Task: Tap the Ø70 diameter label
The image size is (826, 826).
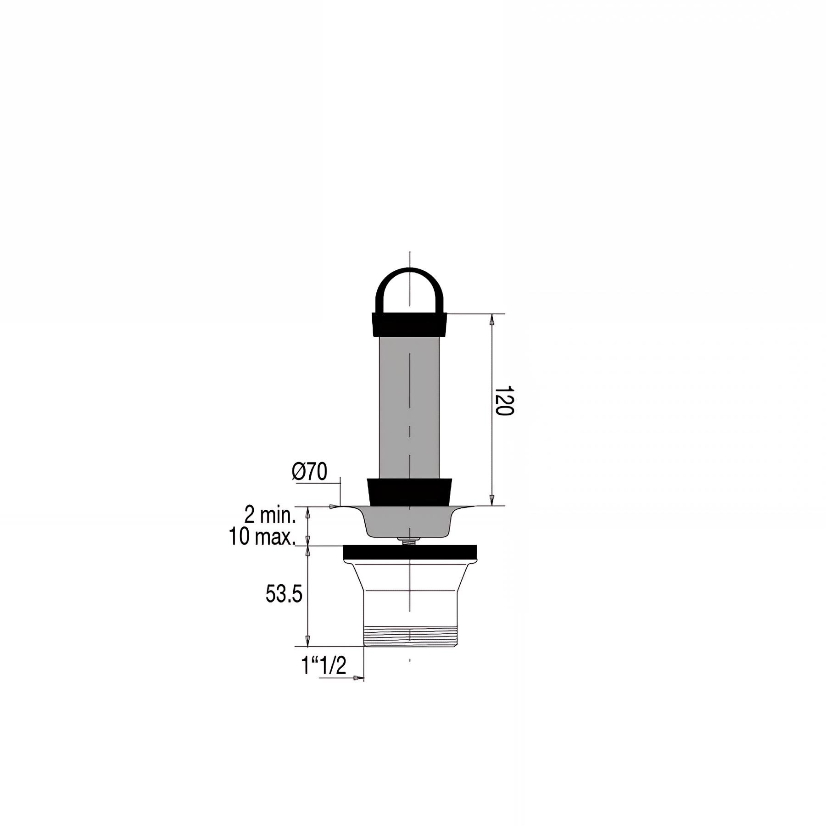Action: tap(310, 472)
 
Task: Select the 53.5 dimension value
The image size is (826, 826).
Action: tap(284, 595)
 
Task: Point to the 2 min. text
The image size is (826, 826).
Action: tap(270, 516)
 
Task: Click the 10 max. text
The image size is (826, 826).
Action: tap(262, 537)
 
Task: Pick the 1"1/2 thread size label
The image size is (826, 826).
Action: tap(323, 666)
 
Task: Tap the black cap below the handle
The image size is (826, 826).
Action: tap(410, 324)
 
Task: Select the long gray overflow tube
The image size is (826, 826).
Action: tap(410, 407)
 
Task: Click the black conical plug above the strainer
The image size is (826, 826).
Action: tap(410, 492)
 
